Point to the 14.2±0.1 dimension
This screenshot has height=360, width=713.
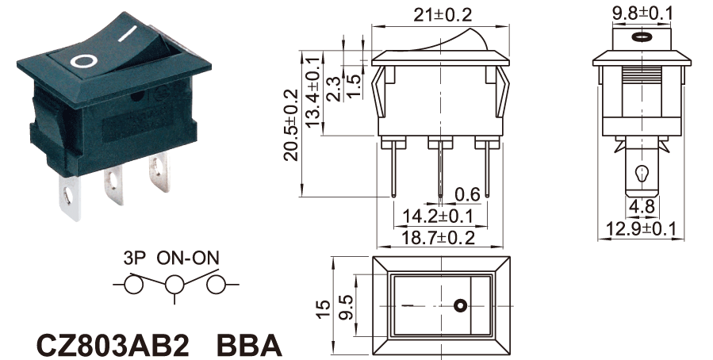tap(439, 216)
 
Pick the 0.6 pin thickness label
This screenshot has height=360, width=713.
tap(467, 194)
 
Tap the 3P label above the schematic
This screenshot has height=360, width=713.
tap(136, 258)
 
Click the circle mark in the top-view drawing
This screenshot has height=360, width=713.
tap(459, 305)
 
